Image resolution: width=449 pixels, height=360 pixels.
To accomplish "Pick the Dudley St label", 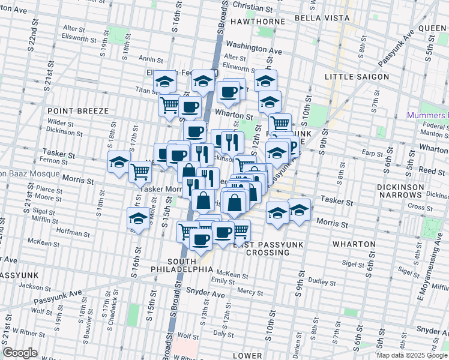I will click(x=320, y=280).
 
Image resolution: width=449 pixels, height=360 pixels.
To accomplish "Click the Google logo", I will click(x=20, y=353).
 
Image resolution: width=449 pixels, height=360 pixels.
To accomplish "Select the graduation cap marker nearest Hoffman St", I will click(x=139, y=218).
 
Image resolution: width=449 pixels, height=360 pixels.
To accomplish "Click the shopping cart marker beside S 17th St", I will click(x=140, y=171).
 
